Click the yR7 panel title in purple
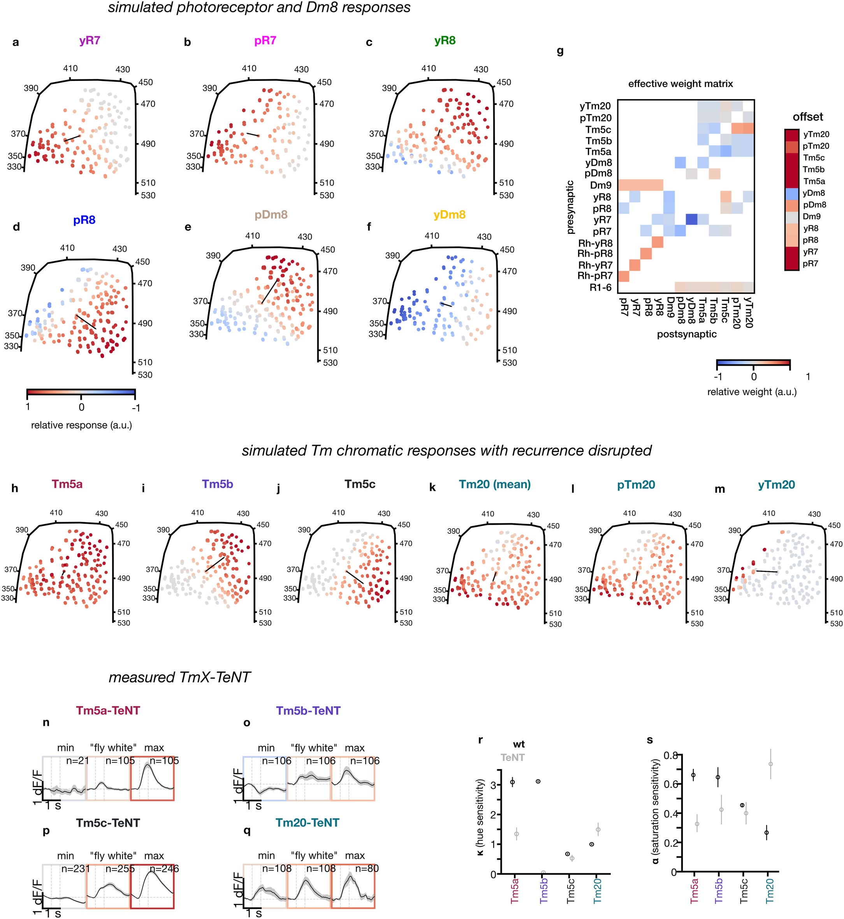pos(90,40)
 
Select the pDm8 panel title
pos(271,214)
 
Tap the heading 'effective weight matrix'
pos(680,84)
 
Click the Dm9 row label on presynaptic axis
pos(601,185)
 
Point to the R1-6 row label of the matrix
pos(601,287)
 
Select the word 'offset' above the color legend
pos(807,117)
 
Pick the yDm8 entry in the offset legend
pos(814,193)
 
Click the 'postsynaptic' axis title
pos(686,334)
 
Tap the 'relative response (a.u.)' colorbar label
pos(81,425)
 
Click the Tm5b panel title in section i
pos(217,484)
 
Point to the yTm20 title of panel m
pos(776,485)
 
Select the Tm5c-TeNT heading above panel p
pos(108,823)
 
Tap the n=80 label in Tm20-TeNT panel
pos(367,869)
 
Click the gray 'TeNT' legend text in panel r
pos(512,758)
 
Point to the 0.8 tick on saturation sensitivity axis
pos(670,756)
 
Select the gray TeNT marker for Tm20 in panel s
pos(770,764)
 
